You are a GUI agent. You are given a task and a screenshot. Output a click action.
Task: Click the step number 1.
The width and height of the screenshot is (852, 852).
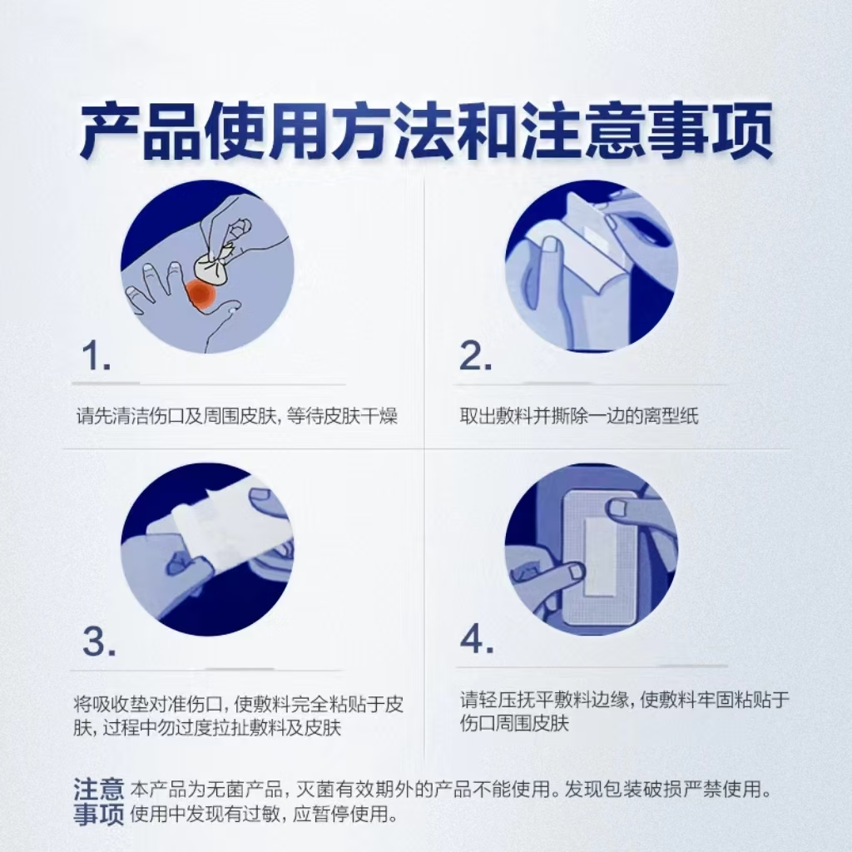[96, 356]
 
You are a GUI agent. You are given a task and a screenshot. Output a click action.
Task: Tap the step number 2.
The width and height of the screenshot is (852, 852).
[476, 356]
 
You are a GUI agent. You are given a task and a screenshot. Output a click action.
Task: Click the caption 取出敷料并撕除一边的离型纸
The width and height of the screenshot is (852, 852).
[579, 416]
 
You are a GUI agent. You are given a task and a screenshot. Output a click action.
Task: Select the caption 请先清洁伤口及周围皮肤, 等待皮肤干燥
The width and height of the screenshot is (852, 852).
[237, 416]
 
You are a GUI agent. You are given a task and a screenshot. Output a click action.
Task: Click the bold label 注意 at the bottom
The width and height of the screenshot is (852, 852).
[99, 789]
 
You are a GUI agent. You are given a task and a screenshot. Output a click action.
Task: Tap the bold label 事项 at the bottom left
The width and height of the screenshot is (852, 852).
[99, 815]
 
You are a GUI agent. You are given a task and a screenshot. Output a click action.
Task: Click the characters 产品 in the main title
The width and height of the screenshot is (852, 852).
[139, 131]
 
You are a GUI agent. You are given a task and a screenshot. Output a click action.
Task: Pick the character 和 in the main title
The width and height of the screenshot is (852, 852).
[485, 131]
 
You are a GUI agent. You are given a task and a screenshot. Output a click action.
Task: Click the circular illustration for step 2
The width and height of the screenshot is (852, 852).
[592, 266]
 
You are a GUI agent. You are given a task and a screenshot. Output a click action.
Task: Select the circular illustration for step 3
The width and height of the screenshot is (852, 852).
[207, 549]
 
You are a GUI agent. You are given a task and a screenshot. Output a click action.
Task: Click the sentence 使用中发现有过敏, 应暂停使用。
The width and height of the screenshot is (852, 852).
[265, 815]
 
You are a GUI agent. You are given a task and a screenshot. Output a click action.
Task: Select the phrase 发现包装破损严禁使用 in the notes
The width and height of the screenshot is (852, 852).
[667, 789]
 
